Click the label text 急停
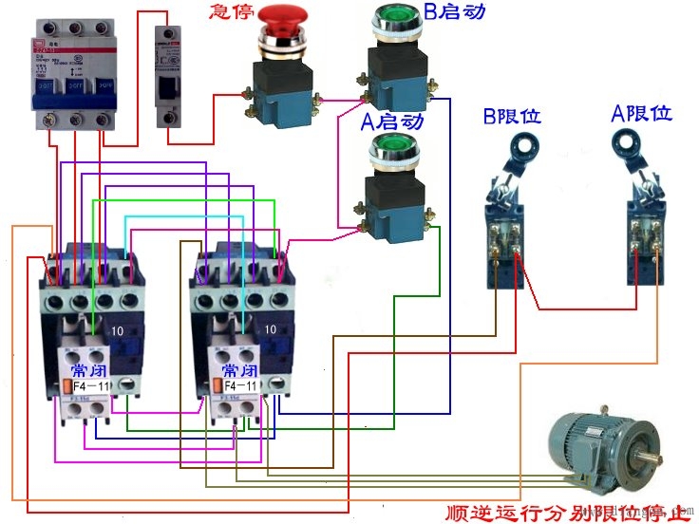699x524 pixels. pyautogui.click(x=232, y=12)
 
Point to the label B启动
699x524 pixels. pyautogui.click(x=457, y=12)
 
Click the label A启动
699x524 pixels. pyautogui.click(x=391, y=122)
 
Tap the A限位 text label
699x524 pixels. pyautogui.click(x=641, y=114)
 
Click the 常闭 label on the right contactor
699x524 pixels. pyautogui.click(x=237, y=369)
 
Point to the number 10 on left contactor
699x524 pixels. pyautogui.click(x=117, y=329)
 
